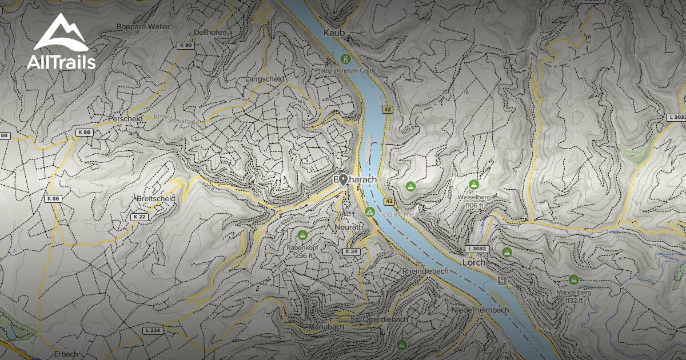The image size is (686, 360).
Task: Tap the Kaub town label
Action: tap(334, 33)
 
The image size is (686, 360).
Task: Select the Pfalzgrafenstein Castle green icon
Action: tap(345, 58)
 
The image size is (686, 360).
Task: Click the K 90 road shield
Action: tap(185, 45)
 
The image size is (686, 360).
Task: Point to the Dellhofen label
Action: tap(210, 33)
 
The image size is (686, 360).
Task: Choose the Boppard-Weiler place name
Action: tap(143, 26)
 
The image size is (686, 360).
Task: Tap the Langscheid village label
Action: tap(265, 79)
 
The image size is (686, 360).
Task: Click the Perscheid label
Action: tap(125, 119)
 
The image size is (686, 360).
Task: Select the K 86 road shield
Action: tap(53, 199)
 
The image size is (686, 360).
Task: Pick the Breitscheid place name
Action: tap(155, 198)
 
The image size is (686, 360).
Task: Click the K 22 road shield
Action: tap(139, 217)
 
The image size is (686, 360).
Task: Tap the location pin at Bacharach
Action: tap(343, 180)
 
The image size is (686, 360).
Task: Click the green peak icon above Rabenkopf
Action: tap(302, 234)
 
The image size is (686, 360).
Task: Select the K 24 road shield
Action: tap(352, 251)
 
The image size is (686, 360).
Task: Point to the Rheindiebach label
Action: tap(425, 271)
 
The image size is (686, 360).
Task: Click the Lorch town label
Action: tap(474, 262)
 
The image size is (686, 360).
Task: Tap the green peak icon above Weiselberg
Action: tap(473, 184)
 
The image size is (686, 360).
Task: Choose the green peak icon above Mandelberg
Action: tap(573, 279)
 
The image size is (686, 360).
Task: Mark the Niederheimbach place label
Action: tap(480, 310)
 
